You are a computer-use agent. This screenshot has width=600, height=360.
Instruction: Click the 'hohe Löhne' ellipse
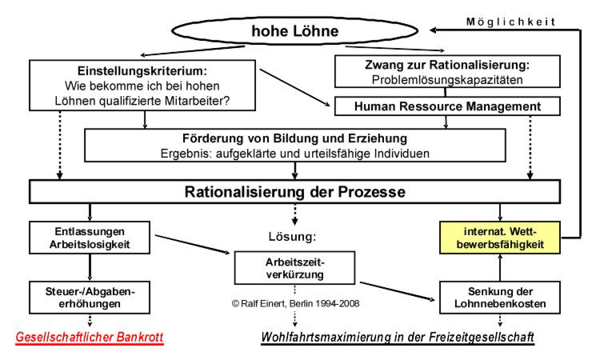point(295,33)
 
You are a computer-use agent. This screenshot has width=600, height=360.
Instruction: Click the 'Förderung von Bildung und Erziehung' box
point(296,145)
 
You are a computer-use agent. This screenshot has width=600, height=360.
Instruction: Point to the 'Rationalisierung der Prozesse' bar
point(295,192)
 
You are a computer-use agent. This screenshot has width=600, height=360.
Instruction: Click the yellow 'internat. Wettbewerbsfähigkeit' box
point(499,237)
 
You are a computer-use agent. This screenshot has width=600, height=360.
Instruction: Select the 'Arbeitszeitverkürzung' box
point(294,267)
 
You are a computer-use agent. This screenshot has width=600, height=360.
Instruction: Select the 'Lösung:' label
point(294,237)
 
